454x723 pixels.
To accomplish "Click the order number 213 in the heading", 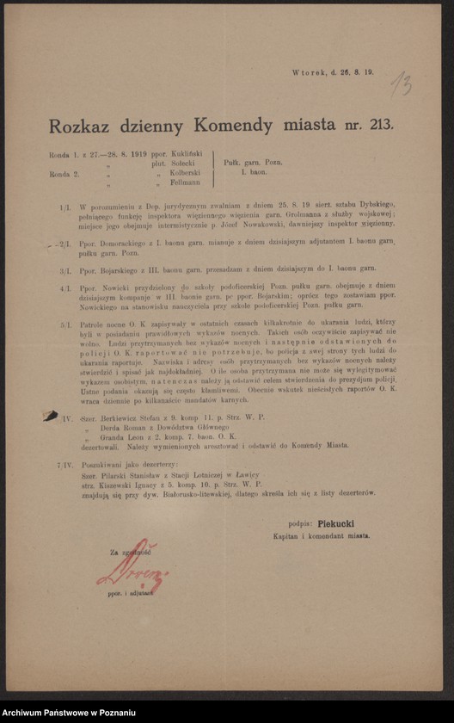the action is point(378,125).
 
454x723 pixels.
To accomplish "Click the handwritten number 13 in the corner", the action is point(400,84).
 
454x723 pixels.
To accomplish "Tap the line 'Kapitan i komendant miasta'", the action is point(329,535).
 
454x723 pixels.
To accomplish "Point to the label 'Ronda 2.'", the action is point(65,173).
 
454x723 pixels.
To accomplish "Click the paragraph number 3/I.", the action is point(65,269).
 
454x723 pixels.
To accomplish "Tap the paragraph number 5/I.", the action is point(65,325).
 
